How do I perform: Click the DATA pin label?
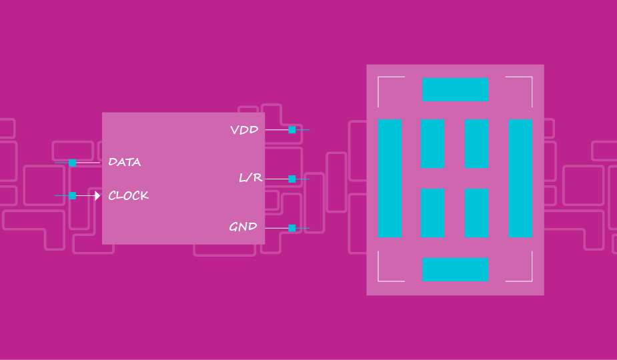pyautogui.click(x=125, y=162)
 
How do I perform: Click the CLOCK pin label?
pyautogui.click(x=129, y=196)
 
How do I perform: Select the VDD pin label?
pyautogui.click(x=244, y=130)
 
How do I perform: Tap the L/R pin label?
pyautogui.click(x=250, y=179)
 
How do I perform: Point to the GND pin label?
pyautogui.click(x=243, y=227)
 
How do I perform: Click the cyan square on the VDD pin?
pyautogui.click(x=292, y=130)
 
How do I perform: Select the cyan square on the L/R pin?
pyautogui.click(x=292, y=179)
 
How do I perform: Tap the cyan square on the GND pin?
pyautogui.click(x=292, y=228)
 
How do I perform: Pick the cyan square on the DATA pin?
pyautogui.click(x=73, y=163)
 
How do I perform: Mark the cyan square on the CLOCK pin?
pyautogui.click(x=73, y=196)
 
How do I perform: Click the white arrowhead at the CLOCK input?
pyautogui.click(x=97, y=196)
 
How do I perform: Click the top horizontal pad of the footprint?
pyautogui.click(x=455, y=89)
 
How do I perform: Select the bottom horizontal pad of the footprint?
pyautogui.click(x=455, y=269)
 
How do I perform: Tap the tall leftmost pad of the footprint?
pyautogui.click(x=390, y=179)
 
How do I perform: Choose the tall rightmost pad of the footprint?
pyautogui.click(x=520, y=179)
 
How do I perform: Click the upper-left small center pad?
pyautogui.click(x=432, y=144)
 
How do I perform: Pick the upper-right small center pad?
pyautogui.click(x=476, y=144)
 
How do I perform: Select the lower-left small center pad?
pyautogui.click(x=432, y=213)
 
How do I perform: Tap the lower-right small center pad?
pyautogui.click(x=476, y=213)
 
